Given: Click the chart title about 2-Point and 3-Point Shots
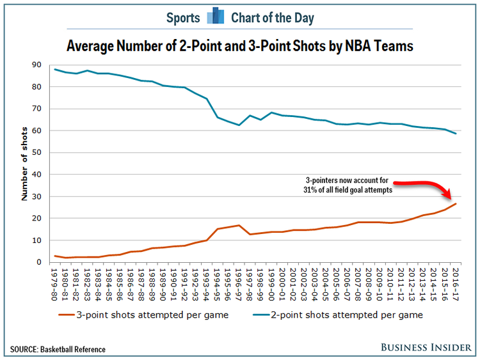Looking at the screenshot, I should point(240,46).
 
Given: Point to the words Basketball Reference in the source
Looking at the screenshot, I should point(74,349).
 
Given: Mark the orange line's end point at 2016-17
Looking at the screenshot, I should point(456,204).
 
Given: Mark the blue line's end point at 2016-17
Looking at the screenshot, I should point(456,134).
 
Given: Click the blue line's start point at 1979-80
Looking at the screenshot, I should point(56,69).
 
